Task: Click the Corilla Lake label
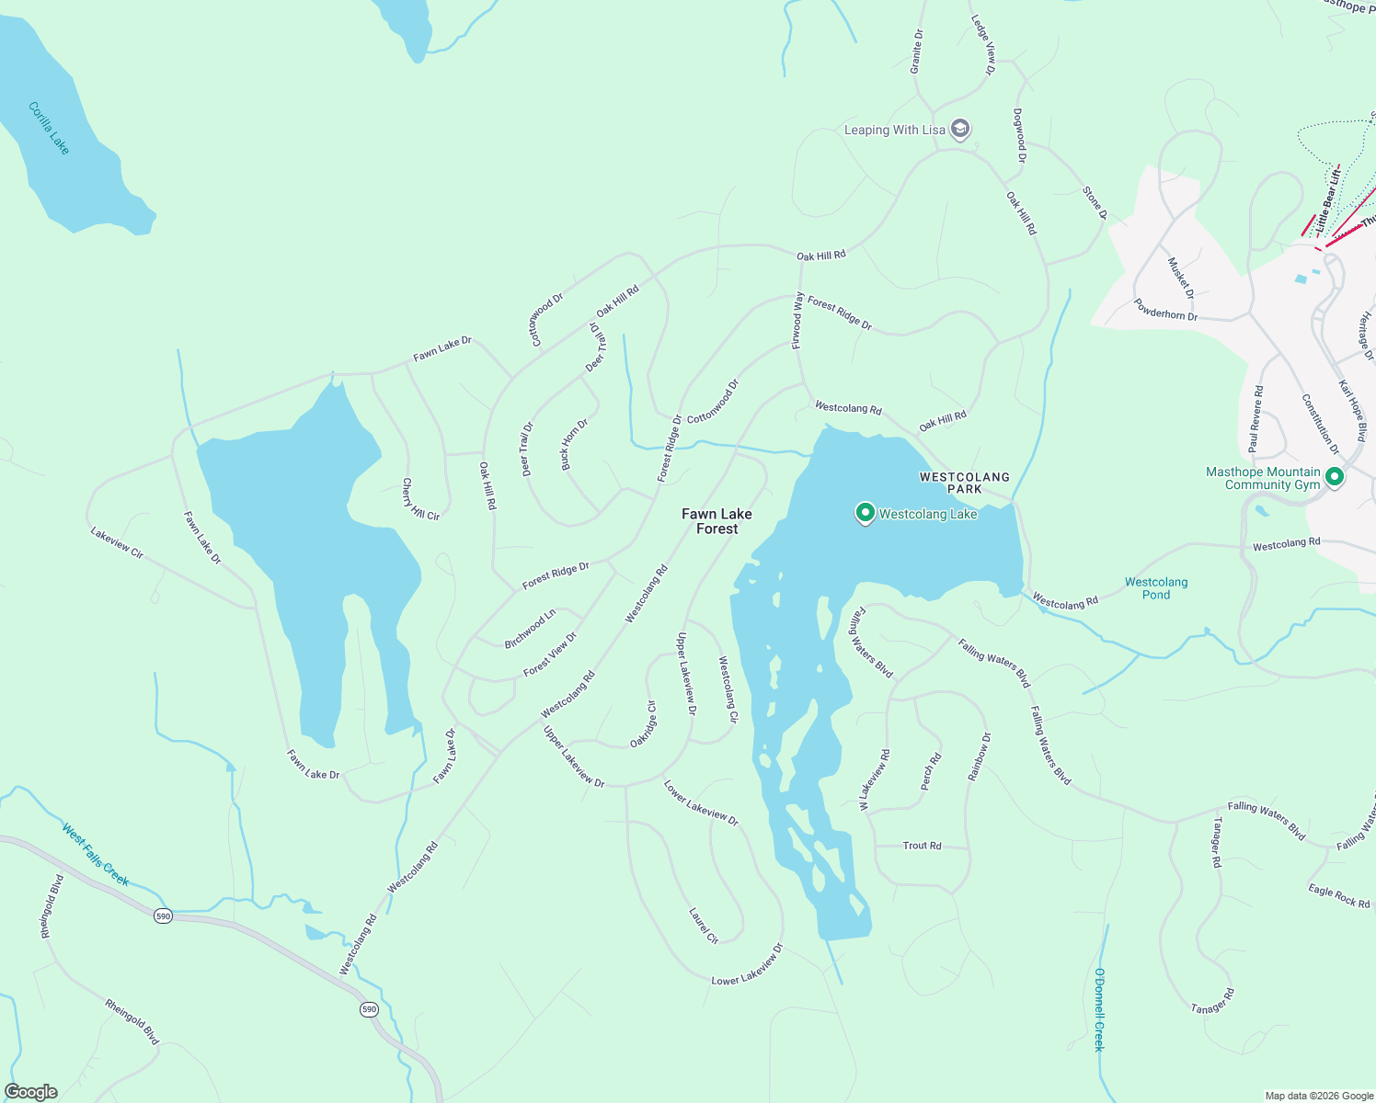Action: click(49, 129)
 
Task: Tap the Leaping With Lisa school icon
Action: click(960, 129)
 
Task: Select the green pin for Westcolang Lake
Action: click(865, 513)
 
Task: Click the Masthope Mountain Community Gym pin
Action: click(1335, 477)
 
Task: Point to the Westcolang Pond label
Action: click(1156, 588)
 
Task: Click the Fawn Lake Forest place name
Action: click(717, 521)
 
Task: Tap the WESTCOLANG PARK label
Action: click(965, 483)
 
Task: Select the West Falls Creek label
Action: click(95, 855)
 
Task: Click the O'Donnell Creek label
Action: click(1099, 1009)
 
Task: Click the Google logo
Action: click(31, 1092)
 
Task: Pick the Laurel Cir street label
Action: click(704, 926)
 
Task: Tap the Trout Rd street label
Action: click(922, 846)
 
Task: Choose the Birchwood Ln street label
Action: click(530, 629)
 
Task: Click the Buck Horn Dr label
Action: click(575, 445)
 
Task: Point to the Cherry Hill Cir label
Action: click(420, 501)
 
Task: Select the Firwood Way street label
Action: click(798, 320)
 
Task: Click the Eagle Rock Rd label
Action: click(1339, 896)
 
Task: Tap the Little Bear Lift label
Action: click(1327, 199)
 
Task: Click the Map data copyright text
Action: click(1317, 1096)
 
